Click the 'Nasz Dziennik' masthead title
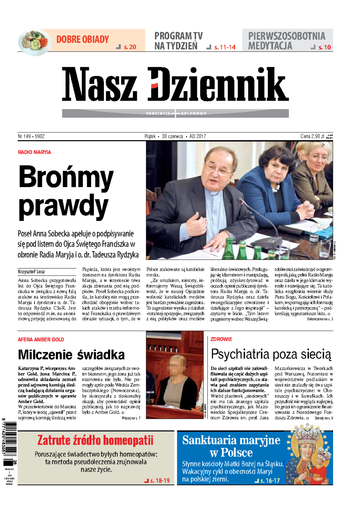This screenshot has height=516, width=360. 175,85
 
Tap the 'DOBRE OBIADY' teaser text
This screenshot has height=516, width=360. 82,39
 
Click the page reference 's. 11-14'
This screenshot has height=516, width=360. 225,47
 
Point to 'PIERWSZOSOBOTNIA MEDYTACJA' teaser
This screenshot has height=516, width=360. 286,41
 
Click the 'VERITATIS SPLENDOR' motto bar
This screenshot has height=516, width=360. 175,113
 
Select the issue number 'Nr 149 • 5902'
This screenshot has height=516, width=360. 31,136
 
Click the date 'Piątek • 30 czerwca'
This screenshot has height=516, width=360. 164,136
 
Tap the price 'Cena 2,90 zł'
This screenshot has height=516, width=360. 312,136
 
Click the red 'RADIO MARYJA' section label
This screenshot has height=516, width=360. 34,152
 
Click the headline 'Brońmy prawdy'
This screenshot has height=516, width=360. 66,192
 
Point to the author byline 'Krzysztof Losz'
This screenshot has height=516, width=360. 31,272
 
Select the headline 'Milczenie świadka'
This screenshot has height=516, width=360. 71,355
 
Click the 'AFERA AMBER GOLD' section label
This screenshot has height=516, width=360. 41,340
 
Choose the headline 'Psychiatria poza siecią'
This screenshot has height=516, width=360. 271,354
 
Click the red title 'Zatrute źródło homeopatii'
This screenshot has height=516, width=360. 95,440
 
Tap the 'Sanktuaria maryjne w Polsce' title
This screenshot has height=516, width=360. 231,446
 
